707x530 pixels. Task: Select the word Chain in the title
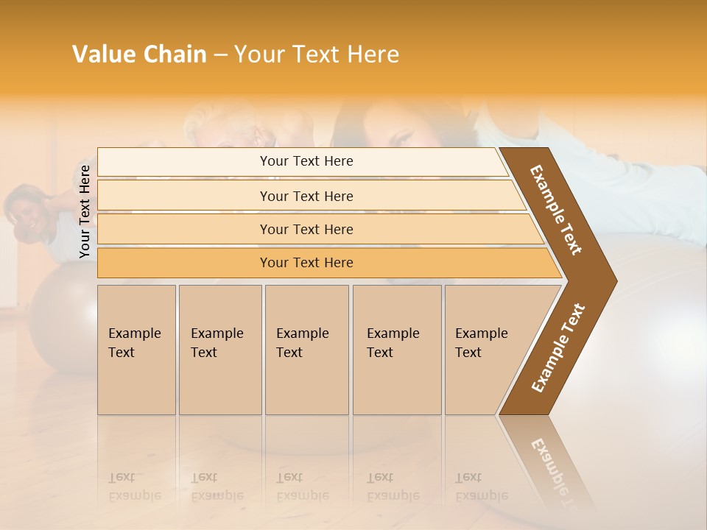[175, 54]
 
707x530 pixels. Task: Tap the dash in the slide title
[220, 55]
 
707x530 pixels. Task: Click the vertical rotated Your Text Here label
[85, 212]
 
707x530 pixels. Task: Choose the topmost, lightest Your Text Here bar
[306, 161]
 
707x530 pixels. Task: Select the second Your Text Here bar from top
[306, 196]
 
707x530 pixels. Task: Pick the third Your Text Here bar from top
[306, 230]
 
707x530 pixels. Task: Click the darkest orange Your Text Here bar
[306, 263]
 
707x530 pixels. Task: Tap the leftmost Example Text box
[136, 350]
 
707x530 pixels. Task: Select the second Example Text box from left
[219, 350]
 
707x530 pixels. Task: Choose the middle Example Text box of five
[306, 350]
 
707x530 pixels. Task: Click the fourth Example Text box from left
[397, 350]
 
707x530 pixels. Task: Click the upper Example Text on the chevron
[556, 210]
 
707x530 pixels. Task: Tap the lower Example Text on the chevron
[558, 347]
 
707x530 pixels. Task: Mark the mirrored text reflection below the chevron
[552, 464]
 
